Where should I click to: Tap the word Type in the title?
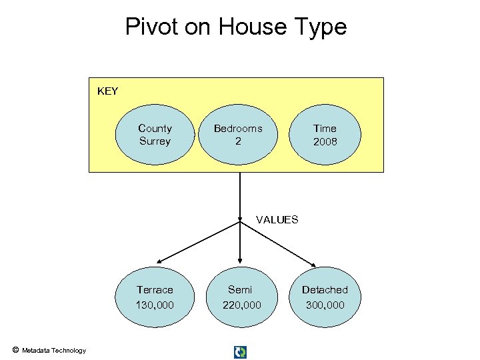click(323, 27)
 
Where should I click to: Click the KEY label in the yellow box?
click(107, 91)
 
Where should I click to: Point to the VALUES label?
click(277, 220)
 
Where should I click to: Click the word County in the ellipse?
click(155, 128)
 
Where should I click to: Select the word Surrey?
click(155, 141)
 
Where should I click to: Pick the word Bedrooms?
click(237, 128)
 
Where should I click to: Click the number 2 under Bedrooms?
click(237, 141)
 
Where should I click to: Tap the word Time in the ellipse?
click(325, 128)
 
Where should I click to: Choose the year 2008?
click(325, 141)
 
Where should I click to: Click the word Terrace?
click(155, 290)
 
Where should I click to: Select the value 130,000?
click(155, 305)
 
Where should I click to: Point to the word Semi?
click(240, 290)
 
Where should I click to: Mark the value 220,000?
click(240, 305)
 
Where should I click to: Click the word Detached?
click(325, 290)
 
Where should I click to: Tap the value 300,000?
click(325, 305)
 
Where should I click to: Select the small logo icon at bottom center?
click(240, 351)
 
